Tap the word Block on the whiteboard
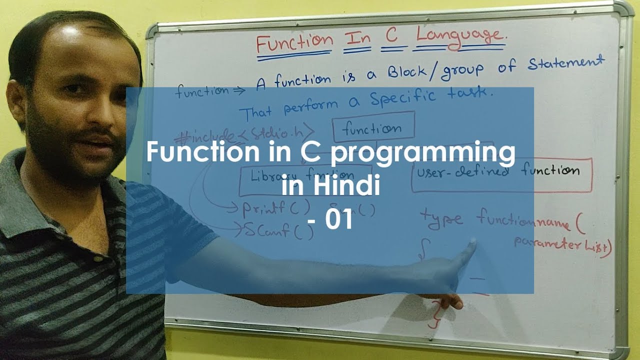pyautogui.click(x=409, y=73)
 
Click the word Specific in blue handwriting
pyautogui.click(x=404, y=98)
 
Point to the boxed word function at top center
pyautogui.click(x=372, y=128)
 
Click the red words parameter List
pyautogui.click(x=563, y=245)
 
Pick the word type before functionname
pyautogui.click(x=441, y=219)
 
